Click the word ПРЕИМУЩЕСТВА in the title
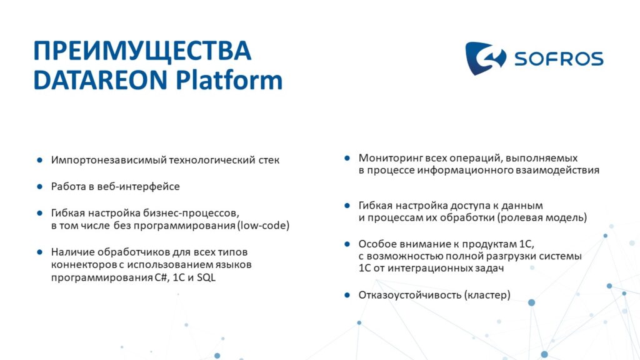coord(142,51)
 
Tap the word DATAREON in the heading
coord(101,80)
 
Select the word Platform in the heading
coord(229,80)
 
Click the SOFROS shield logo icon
coord(485,58)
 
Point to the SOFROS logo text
coord(559,59)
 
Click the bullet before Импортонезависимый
coord(39,160)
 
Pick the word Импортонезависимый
coord(108,160)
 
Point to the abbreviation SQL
coord(206,277)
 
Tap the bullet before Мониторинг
coord(347,158)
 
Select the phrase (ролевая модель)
coord(542,217)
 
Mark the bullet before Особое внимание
coord(347,244)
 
